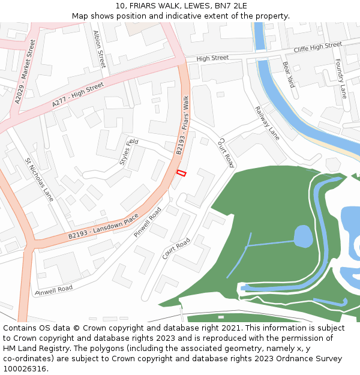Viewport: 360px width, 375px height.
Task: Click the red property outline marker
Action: click(181, 173)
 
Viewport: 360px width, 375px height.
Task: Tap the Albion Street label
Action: click(99, 49)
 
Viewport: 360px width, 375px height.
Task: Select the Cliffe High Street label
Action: click(317, 47)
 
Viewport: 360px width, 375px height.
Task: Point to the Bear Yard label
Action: click(289, 74)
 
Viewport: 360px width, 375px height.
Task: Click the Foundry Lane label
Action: click(341, 79)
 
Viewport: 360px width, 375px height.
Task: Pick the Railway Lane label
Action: click(267, 121)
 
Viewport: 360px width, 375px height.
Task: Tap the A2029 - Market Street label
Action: click(25, 71)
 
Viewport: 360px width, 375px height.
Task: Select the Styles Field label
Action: click(128, 152)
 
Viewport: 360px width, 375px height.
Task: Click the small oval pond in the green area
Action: click(303, 236)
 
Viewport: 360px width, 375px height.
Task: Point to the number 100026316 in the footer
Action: click(23, 368)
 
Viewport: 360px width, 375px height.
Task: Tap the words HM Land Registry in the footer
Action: click(29, 348)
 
